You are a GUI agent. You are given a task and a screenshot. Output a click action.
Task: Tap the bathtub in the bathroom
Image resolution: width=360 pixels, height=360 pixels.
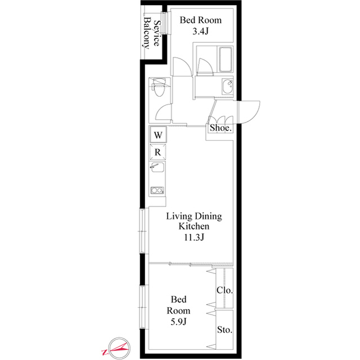pyautogui.click(x=225, y=60)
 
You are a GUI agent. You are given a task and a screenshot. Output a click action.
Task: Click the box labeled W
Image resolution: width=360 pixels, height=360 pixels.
pyautogui.click(x=158, y=135)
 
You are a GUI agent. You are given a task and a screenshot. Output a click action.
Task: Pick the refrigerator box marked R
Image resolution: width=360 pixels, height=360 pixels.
pyautogui.click(x=157, y=152)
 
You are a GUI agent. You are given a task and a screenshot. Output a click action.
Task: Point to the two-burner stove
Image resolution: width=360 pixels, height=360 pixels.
pyautogui.click(x=157, y=190)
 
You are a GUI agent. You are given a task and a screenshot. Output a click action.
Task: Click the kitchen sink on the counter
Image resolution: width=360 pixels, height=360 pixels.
pyautogui.click(x=157, y=167)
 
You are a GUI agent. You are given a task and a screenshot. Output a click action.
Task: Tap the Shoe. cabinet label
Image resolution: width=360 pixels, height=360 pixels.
pyautogui.click(x=220, y=128)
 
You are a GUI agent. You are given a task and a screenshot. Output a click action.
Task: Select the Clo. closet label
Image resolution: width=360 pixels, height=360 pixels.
pyautogui.click(x=225, y=290)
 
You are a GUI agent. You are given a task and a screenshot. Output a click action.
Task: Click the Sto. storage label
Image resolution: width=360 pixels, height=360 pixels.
pyautogui.click(x=225, y=330)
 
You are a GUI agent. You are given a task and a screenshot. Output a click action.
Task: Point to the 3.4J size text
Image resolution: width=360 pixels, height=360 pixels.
pyautogui.click(x=200, y=31)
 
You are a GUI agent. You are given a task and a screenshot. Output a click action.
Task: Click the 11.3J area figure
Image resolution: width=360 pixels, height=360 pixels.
pyautogui.click(x=194, y=237)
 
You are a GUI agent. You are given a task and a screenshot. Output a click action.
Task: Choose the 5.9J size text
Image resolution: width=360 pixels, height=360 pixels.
pyautogui.click(x=178, y=322)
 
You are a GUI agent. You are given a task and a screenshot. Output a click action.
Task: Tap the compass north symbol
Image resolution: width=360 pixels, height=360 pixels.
pyautogui.click(x=119, y=348)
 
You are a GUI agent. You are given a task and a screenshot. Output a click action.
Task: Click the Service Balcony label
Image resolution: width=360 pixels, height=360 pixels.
pyautogui.click(x=152, y=33)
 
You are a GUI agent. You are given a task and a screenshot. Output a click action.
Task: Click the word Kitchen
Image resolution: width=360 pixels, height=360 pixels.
pyautogui.click(x=194, y=226)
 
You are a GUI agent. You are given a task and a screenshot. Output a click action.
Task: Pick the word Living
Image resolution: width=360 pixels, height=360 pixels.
pyautogui.click(x=179, y=216)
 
